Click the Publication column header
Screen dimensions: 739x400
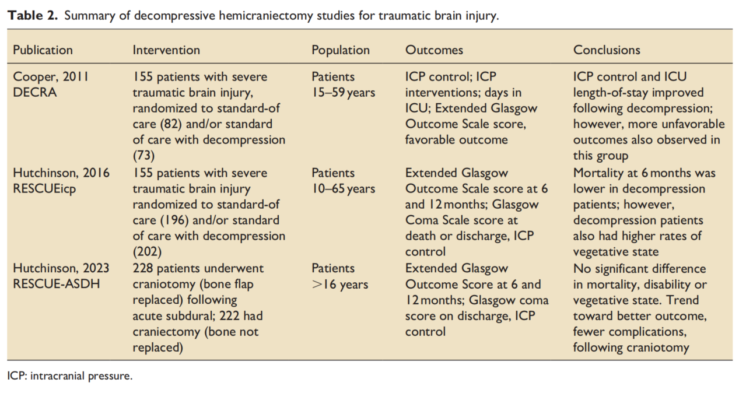click(43, 50)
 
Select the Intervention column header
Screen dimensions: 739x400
click(166, 50)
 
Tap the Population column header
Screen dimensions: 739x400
click(341, 50)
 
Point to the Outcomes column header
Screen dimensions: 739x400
click(434, 50)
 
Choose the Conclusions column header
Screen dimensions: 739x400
click(607, 50)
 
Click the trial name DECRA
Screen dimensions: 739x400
click(34, 92)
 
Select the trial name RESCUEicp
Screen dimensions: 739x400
click(44, 189)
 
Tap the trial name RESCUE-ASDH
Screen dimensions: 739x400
click(56, 284)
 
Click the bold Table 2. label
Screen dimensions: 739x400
click(33, 16)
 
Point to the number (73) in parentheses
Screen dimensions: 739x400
click(143, 155)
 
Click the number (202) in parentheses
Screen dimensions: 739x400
click(147, 252)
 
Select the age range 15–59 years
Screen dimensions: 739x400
click(343, 93)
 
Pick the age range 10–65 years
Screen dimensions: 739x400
click(343, 189)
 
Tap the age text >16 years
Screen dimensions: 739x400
click(340, 285)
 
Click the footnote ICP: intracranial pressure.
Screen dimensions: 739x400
click(69, 376)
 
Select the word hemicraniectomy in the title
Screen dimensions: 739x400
click(266, 16)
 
